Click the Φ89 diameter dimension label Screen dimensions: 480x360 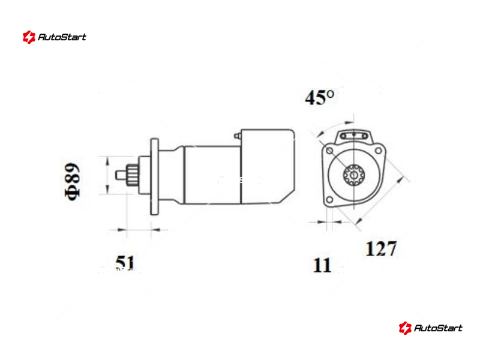point(73,182)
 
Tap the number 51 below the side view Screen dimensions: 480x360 point(125,263)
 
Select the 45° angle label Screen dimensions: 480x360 point(320,97)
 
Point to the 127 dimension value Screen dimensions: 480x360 point(381,248)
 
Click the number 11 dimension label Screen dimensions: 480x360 point(322,265)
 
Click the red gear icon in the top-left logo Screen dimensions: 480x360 point(29,37)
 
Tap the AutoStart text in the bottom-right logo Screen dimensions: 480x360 point(438,328)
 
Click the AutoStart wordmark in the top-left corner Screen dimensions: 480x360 point(62,37)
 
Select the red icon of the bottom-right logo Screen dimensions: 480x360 point(405,328)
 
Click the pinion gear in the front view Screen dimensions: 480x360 point(353,175)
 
